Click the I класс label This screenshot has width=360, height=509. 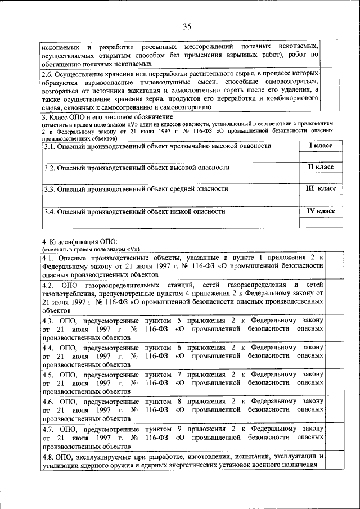[x=321, y=146]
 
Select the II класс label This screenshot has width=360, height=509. [x=321, y=168]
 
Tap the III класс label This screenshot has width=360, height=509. [x=321, y=189]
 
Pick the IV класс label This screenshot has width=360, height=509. [x=321, y=211]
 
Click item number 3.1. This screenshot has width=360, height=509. [x=50, y=146]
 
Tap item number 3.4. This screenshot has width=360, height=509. [x=50, y=212]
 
